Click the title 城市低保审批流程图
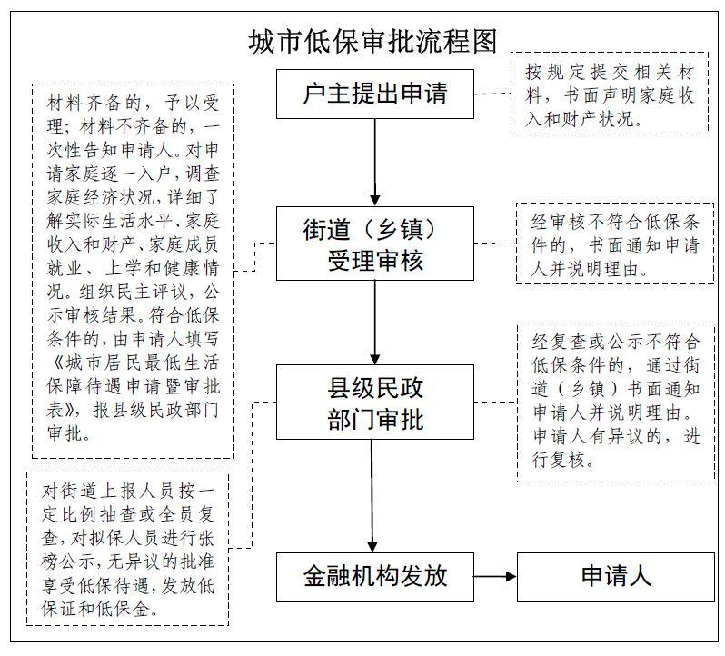pos(372,42)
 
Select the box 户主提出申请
pos(375,94)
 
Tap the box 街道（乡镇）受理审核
pos(375,244)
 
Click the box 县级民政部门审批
pos(375,402)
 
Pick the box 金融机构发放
pos(375,577)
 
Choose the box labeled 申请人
pos(615,577)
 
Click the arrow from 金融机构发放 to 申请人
pos(495,576)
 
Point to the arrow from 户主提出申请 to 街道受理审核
pos(375,163)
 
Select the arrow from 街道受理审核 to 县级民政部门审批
pos(375,323)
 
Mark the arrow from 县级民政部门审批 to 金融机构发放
pos(372,495)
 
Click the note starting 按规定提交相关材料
pos(610,94)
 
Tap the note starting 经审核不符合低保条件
pos(615,244)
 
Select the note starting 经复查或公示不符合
pos(615,403)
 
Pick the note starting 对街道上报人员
pos(127,549)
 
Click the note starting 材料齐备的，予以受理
pos(134,271)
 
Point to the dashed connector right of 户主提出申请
pos(492,94)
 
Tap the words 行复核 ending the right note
pos(558,461)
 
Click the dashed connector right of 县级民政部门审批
pos(495,402)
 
